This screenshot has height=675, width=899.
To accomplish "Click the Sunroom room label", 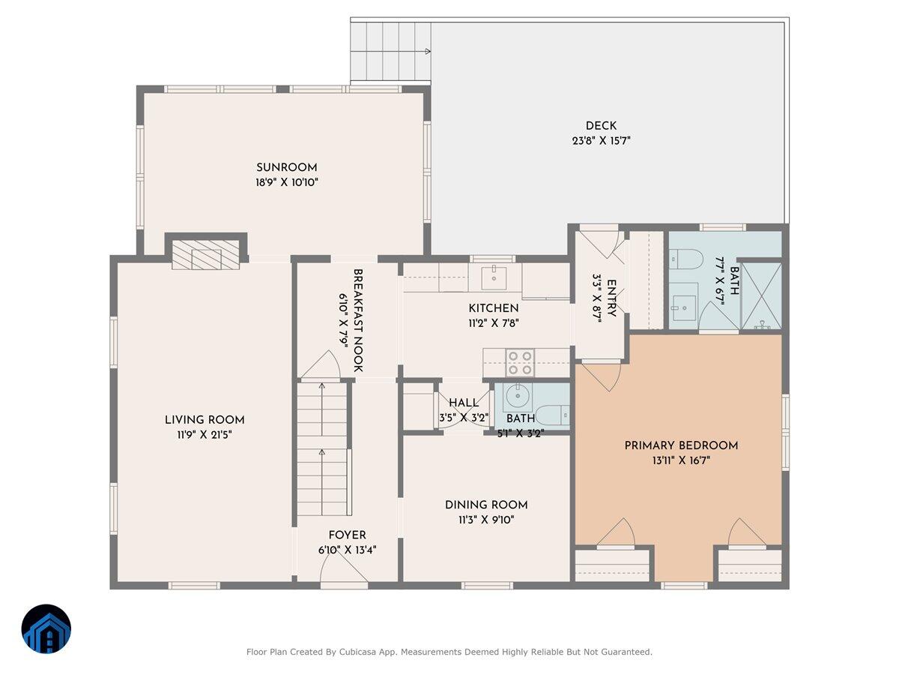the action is [x=286, y=167].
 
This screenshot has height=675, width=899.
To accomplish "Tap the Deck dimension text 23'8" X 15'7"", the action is [x=601, y=141].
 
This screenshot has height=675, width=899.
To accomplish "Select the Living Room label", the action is [x=205, y=420].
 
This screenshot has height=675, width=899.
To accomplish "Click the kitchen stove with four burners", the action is [x=520, y=363].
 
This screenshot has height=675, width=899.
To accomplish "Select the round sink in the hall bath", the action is [x=518, y=396].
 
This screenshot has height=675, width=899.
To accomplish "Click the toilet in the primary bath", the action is [x=685, y=259].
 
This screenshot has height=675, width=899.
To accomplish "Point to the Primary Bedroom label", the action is [x=681, y=446].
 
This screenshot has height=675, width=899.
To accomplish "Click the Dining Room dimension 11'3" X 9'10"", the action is [x=486, y=520].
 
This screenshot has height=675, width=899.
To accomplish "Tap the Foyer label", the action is [x=347, y=535].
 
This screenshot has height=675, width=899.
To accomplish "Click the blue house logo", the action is [x=46, y=628].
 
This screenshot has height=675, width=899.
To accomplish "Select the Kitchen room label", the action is [x=494, y=308].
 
